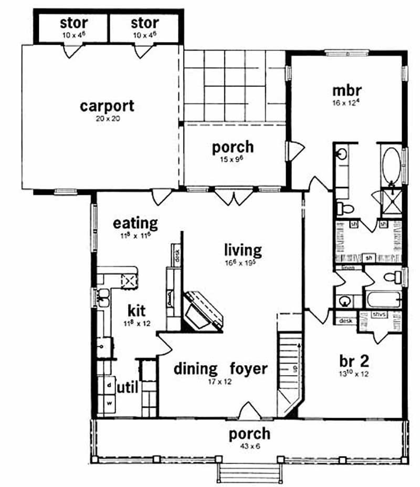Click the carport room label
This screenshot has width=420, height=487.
(x=107, y=106)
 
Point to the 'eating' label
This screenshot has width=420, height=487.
(x=135, y=223)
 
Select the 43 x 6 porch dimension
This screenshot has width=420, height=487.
(x=250, y=447)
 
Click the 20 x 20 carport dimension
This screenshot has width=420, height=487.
(x=107, y=119)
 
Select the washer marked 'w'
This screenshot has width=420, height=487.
(x=110, y=403)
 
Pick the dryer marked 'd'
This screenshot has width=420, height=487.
(x=110, y=385)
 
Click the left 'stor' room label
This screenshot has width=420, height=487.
(x=73, y=23)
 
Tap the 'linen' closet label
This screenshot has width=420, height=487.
(x=349, y=268)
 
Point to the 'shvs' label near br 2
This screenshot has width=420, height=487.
(x=379, y=315)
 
